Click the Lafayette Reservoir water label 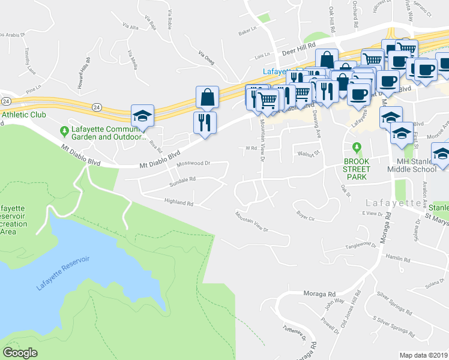coord(62,273)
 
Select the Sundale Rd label coord(182,179)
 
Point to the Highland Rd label coord(179,203)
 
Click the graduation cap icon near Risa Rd coord(143,115)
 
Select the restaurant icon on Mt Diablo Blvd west coord(205,122)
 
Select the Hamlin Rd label coord(397,259)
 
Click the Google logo coord(20,353)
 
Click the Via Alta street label coord(130,26)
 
